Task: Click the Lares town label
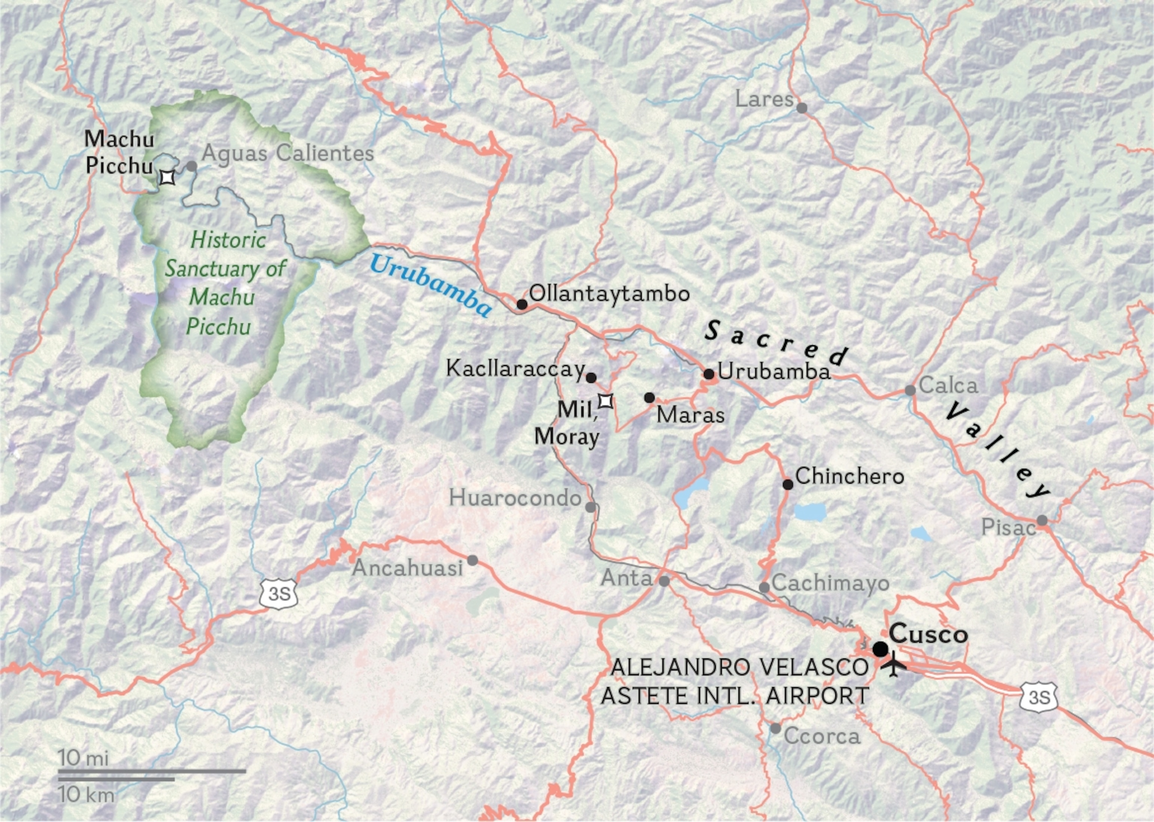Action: point(764,99)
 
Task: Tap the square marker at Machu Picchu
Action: point(168,178)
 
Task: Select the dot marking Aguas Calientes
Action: point(191,166)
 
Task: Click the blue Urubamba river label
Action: point(430,285)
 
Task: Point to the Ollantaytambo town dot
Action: point(522,304)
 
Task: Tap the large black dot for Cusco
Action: point(880,648)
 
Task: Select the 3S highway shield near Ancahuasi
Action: point(279,593)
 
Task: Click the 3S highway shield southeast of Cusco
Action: point(1039,697)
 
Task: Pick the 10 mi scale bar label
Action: point(83,758)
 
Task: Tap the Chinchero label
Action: point(849,476)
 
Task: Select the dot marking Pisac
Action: point(1042,520)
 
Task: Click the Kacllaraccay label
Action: point(515,369)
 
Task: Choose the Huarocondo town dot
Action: point(591,507)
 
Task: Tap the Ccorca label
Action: point(822,736)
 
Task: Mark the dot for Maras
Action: point(650,398)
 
